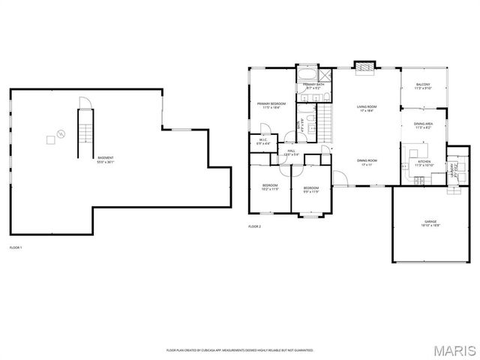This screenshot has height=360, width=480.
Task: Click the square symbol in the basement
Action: coord(50,139)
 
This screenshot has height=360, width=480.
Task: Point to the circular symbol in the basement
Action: coord(61,134)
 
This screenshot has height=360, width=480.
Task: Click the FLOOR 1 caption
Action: coord(16,247)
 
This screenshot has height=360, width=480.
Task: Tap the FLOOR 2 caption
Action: coord(255,226)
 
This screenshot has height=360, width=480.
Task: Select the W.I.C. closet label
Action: coord(263,141)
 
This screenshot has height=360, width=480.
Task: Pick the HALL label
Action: coord(291,152)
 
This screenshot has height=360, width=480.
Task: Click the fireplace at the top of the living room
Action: coord(365,67)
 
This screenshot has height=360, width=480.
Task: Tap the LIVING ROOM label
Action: coord(367,109)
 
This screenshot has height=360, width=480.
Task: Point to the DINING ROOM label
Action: coord(367,161)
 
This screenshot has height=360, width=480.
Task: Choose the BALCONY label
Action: coord(424,86)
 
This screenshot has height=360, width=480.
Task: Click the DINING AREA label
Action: coord(424,125)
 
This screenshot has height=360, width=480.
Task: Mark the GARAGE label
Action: coord(430,223)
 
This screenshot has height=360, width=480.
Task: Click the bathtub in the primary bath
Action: coord(307,76)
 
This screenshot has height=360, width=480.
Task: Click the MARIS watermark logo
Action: coord(458,349)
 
